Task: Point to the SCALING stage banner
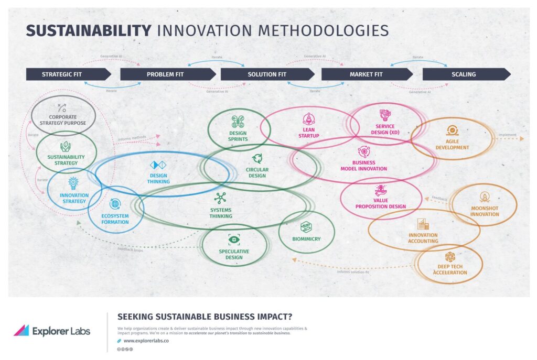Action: pos(464,74)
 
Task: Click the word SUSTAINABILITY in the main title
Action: pos(89,30)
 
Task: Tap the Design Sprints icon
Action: pos(238,122)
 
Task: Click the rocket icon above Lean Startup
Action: pos(308,119)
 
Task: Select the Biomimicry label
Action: pos(306,239)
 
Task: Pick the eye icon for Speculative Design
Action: pos(233,240)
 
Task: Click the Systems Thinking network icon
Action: pos(220,198)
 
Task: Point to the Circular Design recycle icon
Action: pos(257,158)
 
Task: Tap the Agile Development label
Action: pos(452,144)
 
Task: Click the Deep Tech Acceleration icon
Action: pos(449,257)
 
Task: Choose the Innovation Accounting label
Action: pos(423,238)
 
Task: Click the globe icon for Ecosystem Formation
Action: pos(115,204)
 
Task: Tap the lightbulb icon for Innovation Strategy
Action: pos(73,183)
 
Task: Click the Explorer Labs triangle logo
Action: pos(21,330)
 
